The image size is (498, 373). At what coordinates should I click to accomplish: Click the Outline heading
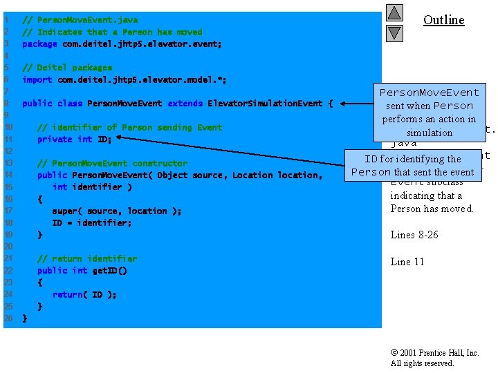[443, 20]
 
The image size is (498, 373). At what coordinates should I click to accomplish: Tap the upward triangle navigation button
[394, 13]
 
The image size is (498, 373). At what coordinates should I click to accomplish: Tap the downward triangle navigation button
[394, 32]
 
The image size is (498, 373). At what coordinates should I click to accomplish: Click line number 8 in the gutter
[6, 104]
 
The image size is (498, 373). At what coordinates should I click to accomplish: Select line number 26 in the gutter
[8, 318]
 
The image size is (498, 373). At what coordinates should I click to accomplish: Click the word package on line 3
[39, 44]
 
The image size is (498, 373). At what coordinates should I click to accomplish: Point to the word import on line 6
[37, 80]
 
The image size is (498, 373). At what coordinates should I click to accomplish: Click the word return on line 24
[68, 295]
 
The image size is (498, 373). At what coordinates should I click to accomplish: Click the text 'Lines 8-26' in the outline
[414, 235]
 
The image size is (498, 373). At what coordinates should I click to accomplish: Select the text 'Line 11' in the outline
[407, 262]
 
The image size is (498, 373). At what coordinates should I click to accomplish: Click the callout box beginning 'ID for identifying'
[412, 166]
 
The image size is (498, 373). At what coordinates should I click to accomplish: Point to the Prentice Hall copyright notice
[434, 358]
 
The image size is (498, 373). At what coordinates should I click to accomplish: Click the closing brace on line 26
[25, 318]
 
